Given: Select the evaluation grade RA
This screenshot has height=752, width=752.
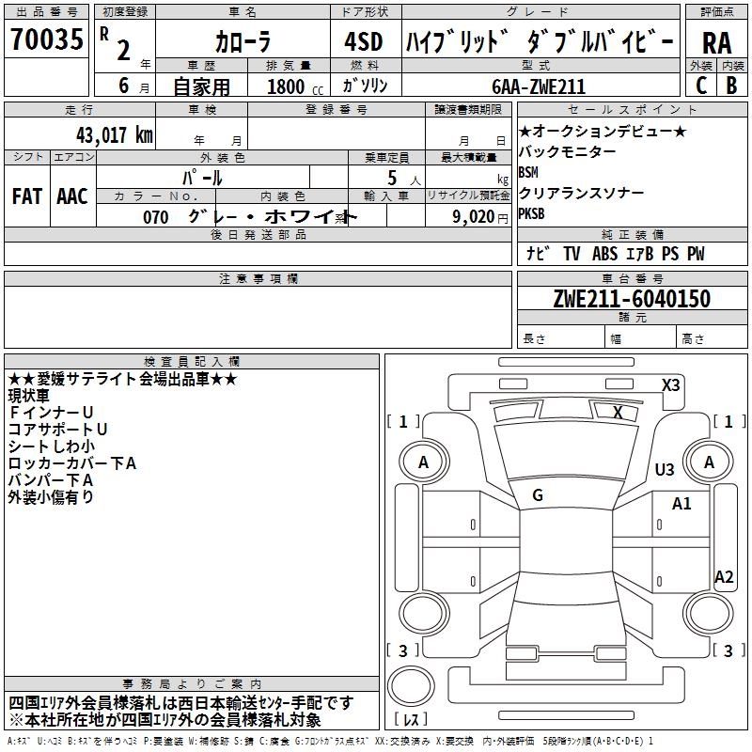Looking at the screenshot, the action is point(715,42).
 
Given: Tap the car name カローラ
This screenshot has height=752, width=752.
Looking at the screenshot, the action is point(243,42).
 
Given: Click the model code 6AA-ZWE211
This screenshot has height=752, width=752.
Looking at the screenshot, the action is point(539,86).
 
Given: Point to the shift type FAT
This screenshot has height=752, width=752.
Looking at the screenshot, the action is point(26,196).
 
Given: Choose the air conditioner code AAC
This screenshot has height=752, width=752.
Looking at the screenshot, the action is point(71,196).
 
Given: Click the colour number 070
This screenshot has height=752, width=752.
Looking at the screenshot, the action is point(156,217).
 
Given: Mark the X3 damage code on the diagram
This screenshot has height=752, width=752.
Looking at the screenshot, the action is point(670,384).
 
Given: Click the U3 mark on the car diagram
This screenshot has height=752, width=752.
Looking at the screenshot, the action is point(665,469).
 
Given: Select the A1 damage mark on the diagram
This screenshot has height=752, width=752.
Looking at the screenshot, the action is point(681,504).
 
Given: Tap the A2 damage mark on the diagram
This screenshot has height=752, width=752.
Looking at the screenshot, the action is point(723,577).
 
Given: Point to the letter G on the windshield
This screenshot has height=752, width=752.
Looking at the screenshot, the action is point(538,494).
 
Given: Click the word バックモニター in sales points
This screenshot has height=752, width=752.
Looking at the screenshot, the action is point(568,151).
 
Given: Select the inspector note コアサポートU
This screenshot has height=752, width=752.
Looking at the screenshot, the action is point(57,429).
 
